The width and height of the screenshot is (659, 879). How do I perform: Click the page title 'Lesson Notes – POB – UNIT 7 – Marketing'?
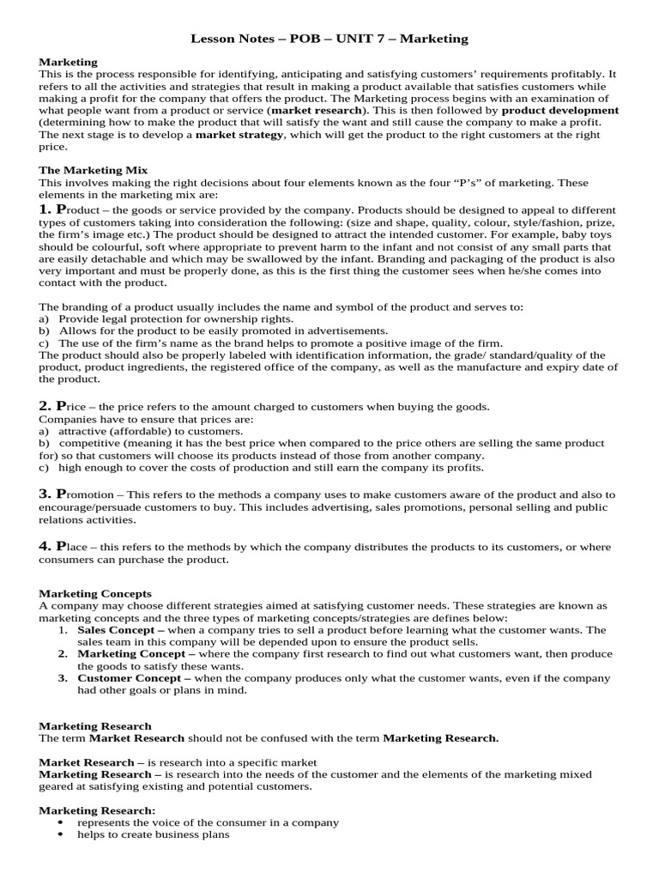(x=329, y=39)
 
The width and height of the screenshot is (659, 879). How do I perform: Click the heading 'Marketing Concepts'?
(x=95, y=593)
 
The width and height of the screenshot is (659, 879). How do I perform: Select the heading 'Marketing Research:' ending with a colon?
(x=98, y=809)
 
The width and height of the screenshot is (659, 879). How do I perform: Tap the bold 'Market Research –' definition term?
(x=87, y=761)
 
